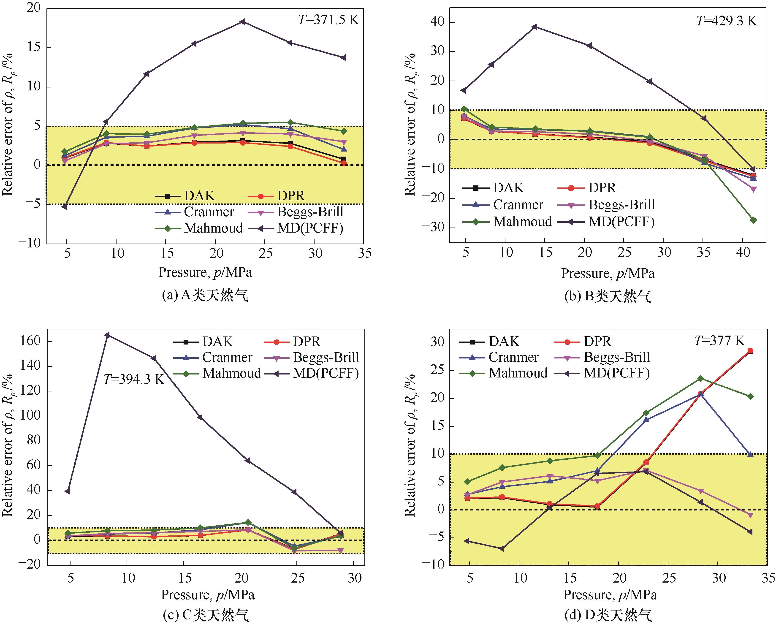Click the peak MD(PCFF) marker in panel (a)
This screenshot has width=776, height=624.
click(x=243, y=22)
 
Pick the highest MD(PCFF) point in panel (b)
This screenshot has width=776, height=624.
click(x=535, y=27)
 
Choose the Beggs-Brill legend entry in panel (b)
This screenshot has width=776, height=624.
click(x=606, y=205)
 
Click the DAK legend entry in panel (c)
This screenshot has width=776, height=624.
click(x=203, y=342)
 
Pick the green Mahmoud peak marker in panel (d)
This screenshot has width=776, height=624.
click(x=700, y=379)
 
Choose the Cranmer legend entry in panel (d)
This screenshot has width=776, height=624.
click(x=499, y=357)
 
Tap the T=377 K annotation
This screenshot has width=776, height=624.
click(x=719, y=340)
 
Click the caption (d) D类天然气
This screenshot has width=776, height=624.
click(x=608, y=615)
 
